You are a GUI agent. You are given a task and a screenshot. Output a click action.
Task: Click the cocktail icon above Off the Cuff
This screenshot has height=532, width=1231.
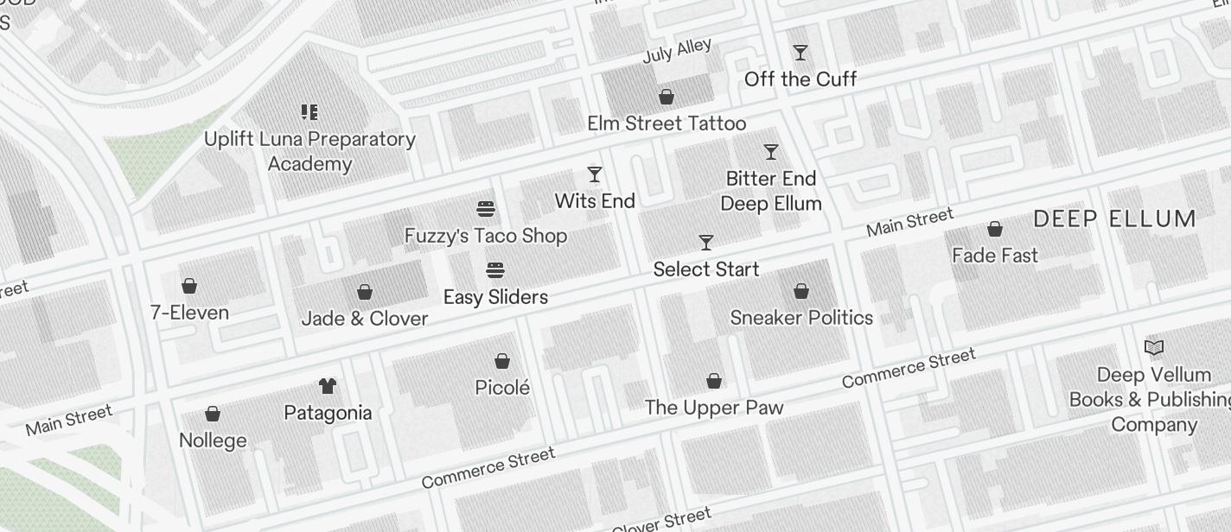coord(800,53)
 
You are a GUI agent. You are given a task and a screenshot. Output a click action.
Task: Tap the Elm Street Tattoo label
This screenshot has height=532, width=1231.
coord(667,123)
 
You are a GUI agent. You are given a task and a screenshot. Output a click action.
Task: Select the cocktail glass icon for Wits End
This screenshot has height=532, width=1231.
coord(595,174)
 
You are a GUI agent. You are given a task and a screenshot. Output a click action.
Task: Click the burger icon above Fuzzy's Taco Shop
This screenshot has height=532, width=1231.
coord(486,209)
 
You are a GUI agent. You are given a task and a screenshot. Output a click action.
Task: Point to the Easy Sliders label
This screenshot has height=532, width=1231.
coord(495,297)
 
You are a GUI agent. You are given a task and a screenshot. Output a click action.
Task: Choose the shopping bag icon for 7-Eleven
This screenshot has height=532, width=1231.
coord(189,286)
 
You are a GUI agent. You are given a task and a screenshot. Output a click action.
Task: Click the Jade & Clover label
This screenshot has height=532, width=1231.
coord(365,319)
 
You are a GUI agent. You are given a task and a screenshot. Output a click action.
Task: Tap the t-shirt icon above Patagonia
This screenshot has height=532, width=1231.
coord(328,385)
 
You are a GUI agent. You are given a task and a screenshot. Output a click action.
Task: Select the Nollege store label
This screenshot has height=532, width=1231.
coord(213,440)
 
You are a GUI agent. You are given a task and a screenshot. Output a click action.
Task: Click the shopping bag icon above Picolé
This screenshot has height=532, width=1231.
coord(502,361)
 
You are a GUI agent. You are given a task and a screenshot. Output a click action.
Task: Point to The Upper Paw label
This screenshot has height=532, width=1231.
coord(714,408)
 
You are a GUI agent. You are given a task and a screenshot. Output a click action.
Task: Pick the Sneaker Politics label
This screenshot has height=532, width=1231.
coord(801,318)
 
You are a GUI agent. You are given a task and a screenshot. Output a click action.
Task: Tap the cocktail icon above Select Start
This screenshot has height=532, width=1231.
coord(706,243)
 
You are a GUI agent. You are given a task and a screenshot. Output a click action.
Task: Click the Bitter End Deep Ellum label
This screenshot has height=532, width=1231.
coord(771,191)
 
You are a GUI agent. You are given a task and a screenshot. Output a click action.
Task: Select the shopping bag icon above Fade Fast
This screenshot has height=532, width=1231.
coord(995,229)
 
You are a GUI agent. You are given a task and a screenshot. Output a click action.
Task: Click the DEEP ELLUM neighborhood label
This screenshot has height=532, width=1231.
coord(1114,218)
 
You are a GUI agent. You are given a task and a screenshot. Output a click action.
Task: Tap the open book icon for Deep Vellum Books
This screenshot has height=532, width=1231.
coord(1154,347)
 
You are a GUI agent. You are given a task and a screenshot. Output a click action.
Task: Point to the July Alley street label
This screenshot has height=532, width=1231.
coord(677,50)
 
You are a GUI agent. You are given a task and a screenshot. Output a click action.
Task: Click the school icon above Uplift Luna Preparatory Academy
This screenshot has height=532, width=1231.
coord(309,112)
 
